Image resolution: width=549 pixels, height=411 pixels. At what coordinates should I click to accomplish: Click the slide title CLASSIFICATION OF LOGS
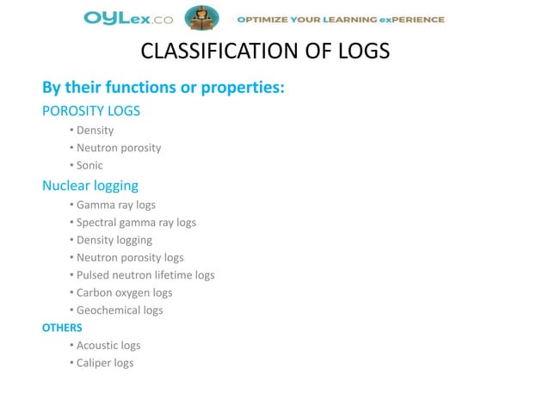coord(264,53)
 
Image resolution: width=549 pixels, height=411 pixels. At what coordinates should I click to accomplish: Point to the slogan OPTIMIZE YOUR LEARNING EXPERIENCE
coord(342,19)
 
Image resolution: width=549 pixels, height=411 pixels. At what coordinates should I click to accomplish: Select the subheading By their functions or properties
coord(163,89)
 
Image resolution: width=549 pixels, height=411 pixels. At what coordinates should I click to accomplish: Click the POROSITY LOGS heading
coord(91,111)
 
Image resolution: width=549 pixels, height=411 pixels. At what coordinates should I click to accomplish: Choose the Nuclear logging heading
coord(90,185)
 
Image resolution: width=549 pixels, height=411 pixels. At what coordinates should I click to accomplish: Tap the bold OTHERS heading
coord(63,328)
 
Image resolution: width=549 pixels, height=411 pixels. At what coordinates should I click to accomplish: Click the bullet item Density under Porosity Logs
coord(95,131)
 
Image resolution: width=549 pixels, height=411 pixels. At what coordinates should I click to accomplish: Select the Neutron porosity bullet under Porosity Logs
coord(118,148)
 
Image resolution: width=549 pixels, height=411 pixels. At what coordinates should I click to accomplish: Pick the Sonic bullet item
coord(89,165)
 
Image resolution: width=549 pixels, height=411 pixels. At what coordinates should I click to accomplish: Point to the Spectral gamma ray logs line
coord(136,223)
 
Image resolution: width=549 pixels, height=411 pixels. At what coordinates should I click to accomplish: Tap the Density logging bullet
coord(114,240)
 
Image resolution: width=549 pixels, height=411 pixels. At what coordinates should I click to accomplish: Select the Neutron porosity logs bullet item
coord(130,257)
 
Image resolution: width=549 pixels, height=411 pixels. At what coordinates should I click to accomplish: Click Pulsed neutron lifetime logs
coord(145,275)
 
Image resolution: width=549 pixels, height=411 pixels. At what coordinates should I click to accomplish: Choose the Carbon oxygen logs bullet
coord(124,292)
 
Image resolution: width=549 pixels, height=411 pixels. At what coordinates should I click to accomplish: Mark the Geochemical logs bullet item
coord(119,310)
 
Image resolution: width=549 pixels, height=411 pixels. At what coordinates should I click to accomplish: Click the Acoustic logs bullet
coord(108,346)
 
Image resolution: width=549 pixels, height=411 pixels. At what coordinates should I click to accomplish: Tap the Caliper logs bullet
coord(105,363)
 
